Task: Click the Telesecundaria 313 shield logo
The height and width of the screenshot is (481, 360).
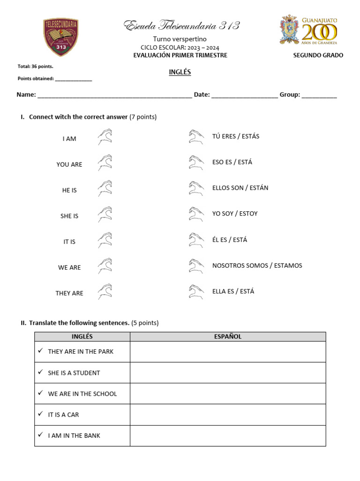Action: click(x=61, y=37)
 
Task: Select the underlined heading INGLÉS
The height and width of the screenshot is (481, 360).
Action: click(x=180, y=72)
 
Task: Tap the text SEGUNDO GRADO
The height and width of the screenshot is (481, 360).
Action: click(x=318, y=55)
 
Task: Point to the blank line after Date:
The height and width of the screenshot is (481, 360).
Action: click(x=244, y=95)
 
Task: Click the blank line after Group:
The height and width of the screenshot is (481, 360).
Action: click(x=319, y=95)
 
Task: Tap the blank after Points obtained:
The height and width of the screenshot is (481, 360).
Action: click(x=74, y=79)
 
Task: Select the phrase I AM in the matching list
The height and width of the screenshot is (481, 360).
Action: click(x=69, y=139)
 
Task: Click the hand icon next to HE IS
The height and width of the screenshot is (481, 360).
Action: click(x=105, y=188)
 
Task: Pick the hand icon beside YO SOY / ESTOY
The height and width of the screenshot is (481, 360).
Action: click(x=196, y=214)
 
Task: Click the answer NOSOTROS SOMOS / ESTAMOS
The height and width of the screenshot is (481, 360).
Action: click(x=257, y=266)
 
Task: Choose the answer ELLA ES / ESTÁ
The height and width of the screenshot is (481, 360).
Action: click(x=233, y=292)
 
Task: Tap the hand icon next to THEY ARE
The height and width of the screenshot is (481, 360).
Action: click(x=105, y=291)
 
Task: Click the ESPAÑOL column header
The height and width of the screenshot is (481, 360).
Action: click(x=227, y=337)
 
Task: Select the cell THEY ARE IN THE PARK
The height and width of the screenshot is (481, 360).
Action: click(x=81, y=352)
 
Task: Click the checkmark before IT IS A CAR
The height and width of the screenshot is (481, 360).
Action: click(x=41, y=414)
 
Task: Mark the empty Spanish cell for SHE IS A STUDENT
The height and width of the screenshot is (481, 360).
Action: click(x=227, y=373)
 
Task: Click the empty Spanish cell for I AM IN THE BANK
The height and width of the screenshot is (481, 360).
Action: click(x=227, y=436)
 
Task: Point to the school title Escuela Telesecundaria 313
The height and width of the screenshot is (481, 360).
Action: click(x=182, y=26)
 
